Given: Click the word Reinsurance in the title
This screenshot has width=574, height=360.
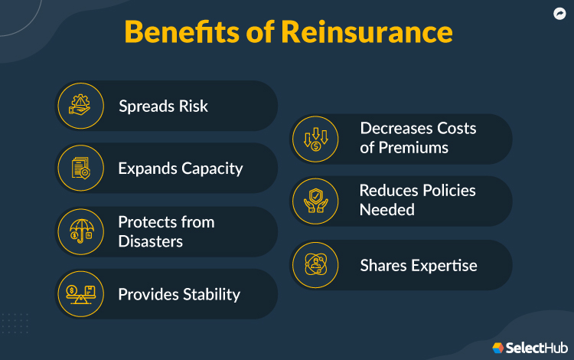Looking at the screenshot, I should [368, 33].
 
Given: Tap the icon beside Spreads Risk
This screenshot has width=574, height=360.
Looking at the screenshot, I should [80, 106].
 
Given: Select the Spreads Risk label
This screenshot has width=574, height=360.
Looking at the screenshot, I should [163, 106].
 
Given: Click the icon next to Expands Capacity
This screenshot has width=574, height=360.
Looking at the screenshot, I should [80, 169].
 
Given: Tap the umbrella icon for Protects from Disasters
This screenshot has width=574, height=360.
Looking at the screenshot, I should [80, 231].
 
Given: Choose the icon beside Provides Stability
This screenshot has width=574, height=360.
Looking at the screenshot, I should [80, 294].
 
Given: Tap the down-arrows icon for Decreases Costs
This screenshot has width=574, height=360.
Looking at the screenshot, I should [316, 139].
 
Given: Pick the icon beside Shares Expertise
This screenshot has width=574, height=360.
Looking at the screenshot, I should [316, 265].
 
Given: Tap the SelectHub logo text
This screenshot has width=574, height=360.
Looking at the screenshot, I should [536, 346].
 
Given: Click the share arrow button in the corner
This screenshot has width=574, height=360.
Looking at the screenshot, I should [559, 14].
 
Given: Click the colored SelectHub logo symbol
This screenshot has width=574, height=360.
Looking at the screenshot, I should [498, 347].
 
